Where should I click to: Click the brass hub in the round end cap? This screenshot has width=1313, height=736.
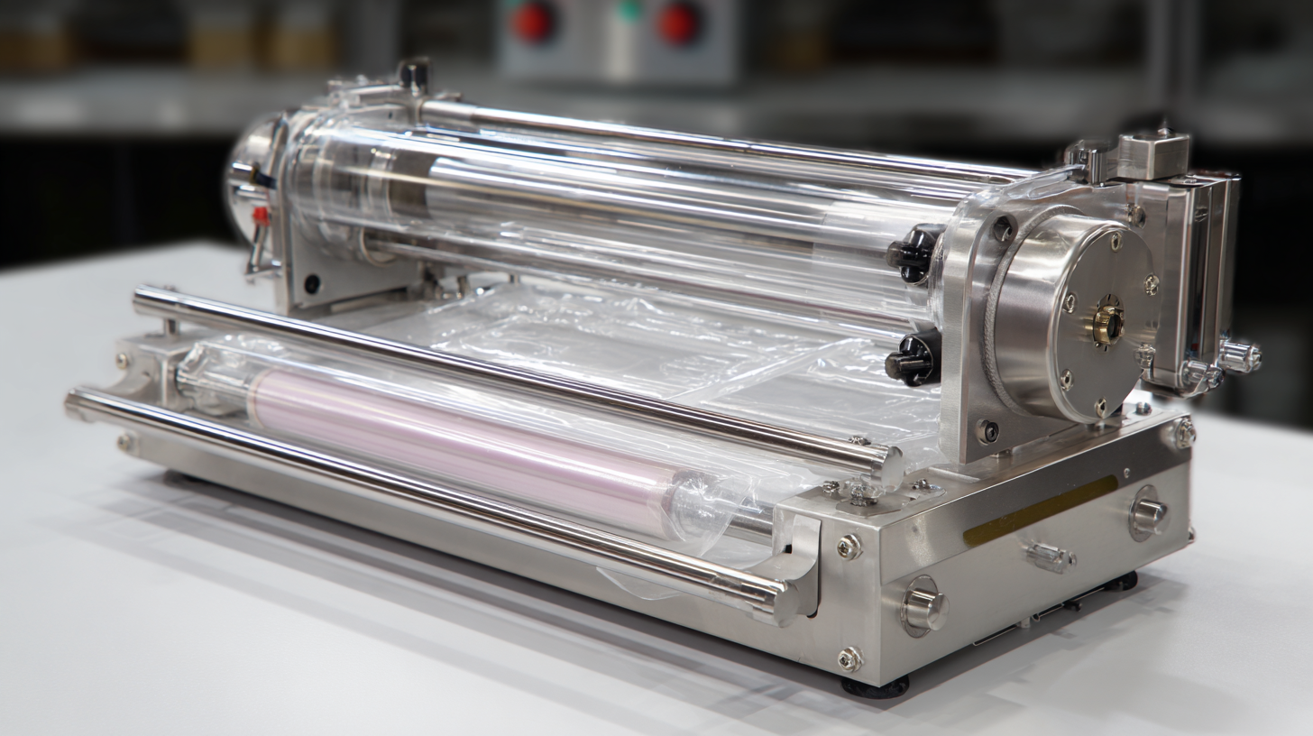1108,324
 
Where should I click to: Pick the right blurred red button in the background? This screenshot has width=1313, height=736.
678,23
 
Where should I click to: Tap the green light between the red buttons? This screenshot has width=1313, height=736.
630,10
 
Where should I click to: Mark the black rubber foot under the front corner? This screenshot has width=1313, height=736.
875,687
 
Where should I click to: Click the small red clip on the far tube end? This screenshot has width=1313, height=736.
260,216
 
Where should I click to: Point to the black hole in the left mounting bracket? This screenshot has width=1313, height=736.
312,284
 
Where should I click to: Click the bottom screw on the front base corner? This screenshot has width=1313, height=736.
849,659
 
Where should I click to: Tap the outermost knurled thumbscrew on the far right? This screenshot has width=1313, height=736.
1242,357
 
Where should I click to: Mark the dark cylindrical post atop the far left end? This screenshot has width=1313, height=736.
413,75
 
